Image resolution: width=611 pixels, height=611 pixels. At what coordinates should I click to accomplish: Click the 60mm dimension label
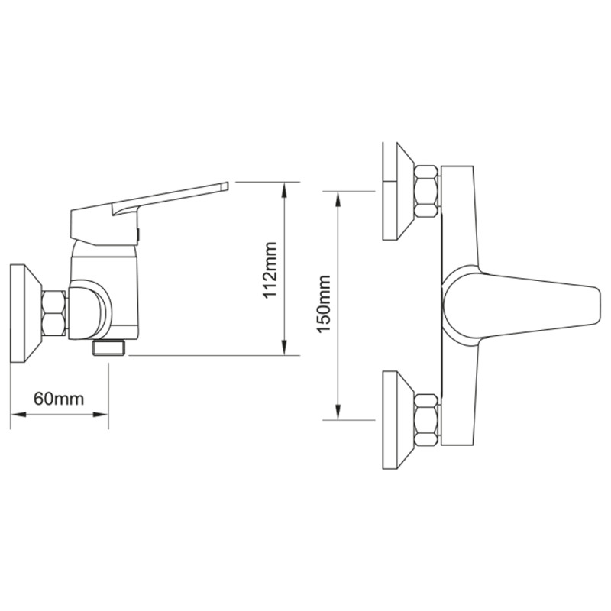[x=59, y=399]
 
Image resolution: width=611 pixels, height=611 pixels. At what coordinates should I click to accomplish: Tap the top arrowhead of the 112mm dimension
[x=284, y=190]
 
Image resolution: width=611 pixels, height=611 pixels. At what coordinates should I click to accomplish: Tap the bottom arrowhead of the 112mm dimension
[x=284, y=347]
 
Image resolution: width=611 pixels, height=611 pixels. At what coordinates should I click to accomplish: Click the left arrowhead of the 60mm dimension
[x=18, y=415]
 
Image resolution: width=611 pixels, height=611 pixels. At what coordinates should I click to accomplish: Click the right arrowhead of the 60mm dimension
[x=100, y=415]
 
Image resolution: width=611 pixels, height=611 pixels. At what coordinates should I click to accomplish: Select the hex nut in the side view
[x=53, y=313]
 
